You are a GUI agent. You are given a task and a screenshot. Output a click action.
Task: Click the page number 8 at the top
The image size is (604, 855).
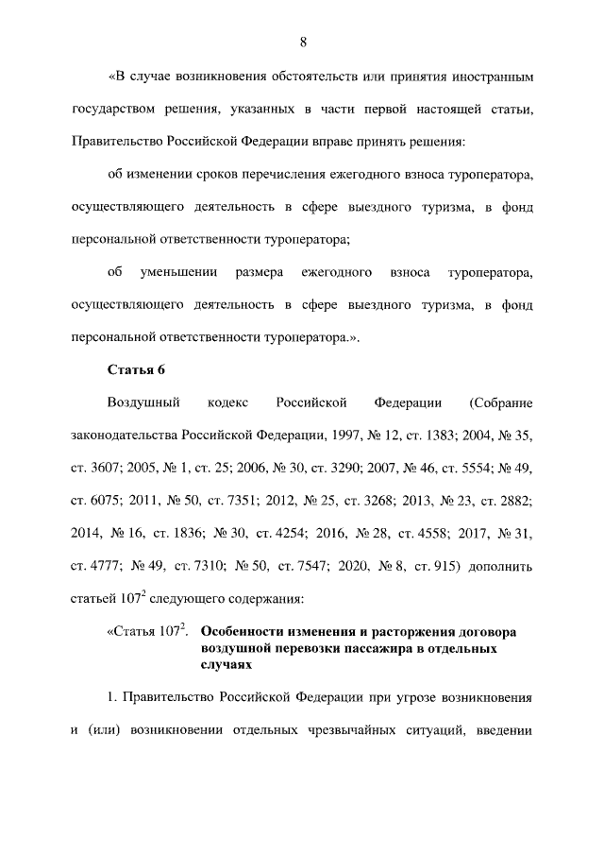click(x=302, y=42)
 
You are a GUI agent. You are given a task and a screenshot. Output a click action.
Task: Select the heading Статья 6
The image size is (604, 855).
click(x=138, y=368)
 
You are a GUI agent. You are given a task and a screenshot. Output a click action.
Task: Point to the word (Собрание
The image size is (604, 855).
click(x=500, y=402)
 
